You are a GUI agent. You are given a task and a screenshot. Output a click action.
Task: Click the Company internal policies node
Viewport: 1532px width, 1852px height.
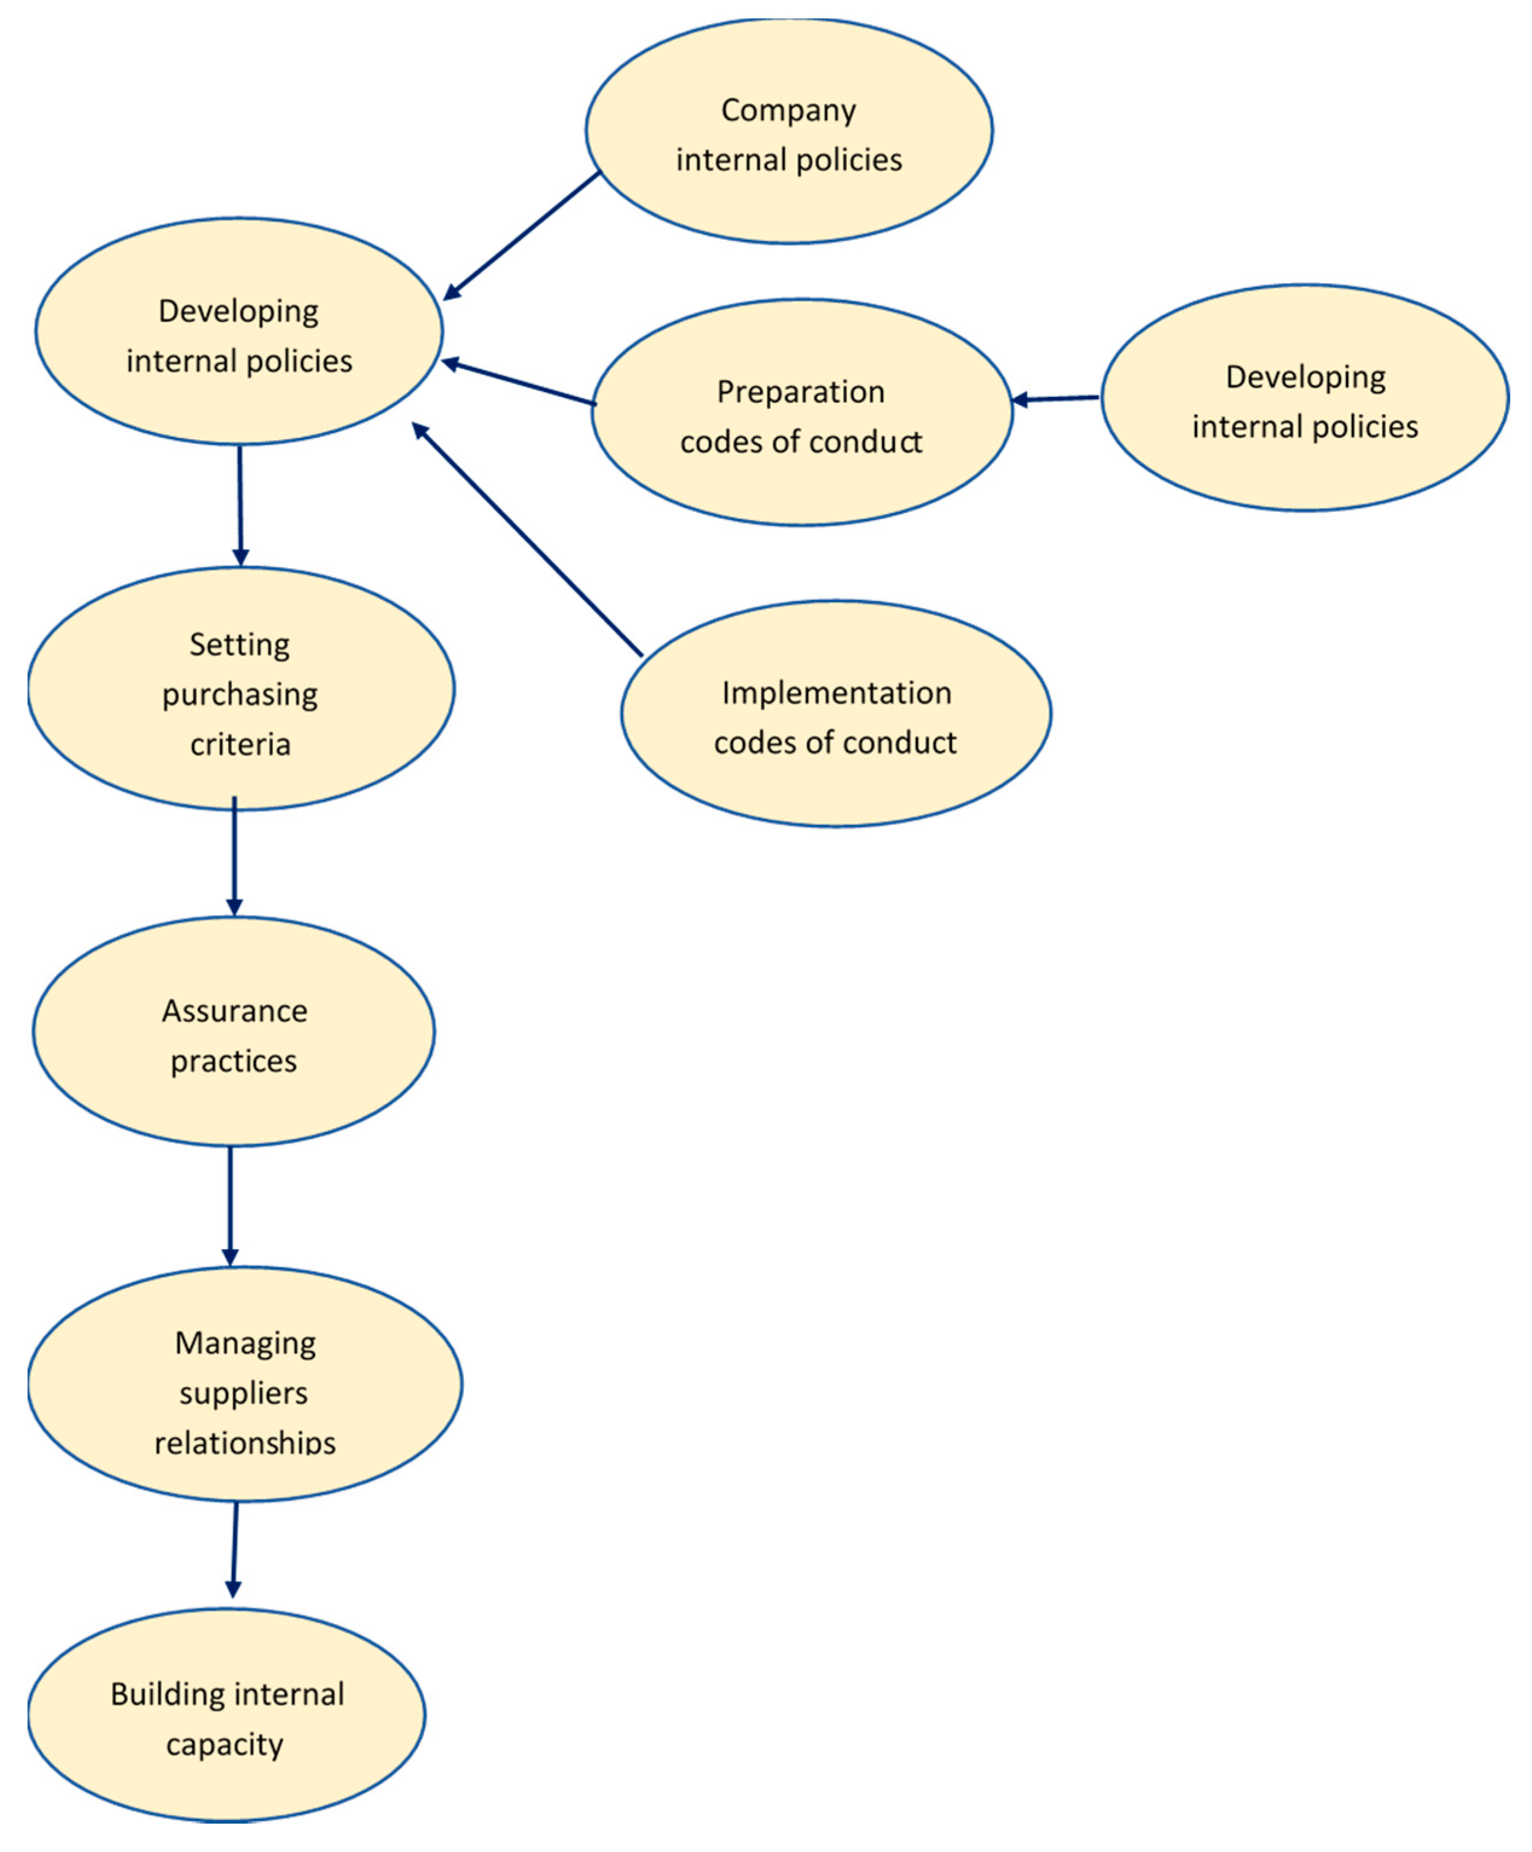[788, 132]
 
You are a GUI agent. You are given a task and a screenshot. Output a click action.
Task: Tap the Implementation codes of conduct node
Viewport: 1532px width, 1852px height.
[835, 715]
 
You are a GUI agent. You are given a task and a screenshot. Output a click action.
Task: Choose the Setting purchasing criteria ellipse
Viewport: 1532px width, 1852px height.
[240, 689]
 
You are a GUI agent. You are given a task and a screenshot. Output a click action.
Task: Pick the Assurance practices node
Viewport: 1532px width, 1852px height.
[234, 1032]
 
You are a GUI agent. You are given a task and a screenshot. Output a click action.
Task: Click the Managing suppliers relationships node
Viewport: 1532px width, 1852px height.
[244, 1384]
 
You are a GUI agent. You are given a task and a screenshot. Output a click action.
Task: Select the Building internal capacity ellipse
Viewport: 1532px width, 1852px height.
[227, 1715]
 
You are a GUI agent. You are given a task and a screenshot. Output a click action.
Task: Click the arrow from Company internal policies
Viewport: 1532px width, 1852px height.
[520, 236]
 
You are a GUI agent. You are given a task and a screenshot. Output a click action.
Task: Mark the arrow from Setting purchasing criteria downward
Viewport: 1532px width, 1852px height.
[234, 855]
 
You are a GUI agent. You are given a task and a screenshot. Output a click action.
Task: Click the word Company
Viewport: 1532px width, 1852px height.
[788, 110]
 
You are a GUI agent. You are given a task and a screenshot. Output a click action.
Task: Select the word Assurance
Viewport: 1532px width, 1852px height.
[234, 1011]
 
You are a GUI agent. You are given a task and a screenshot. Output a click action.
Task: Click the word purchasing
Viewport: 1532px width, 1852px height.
[240, 695]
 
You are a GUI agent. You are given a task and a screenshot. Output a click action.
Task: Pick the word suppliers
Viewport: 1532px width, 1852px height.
[243, 1394]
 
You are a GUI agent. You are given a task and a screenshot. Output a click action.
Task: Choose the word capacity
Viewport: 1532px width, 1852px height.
[225, 1744]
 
